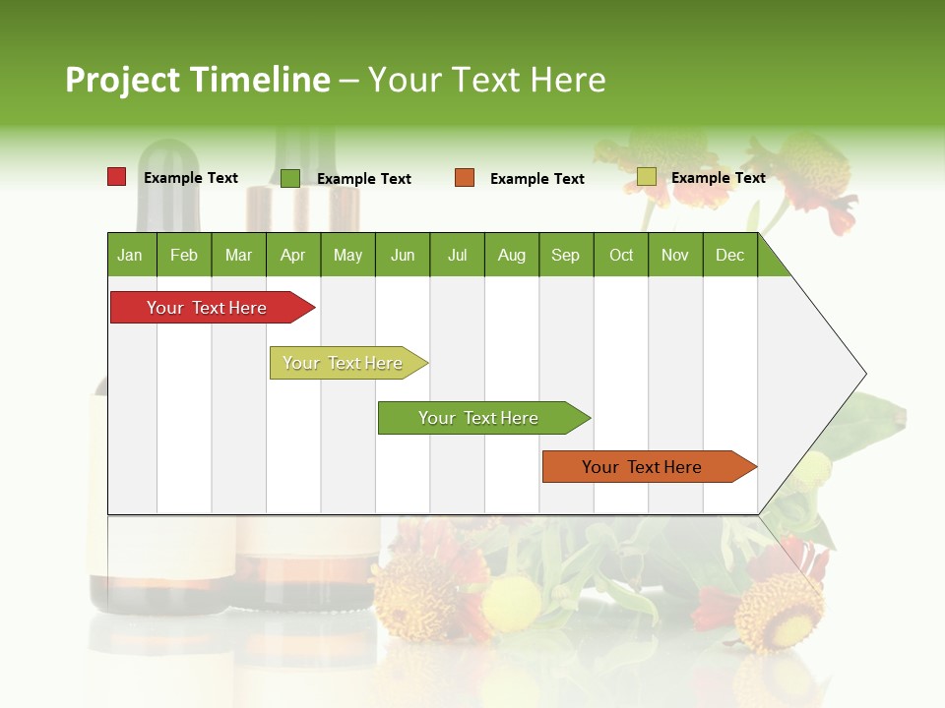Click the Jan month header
(131, 255)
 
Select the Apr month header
(293, 255)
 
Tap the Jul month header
(457, 255)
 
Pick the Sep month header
(565, 255)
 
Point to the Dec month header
(729, 255)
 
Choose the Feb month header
(184, 255)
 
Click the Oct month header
(621, 255)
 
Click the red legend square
(117, 177)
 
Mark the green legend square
(290, 178)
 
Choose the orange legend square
(465, 178)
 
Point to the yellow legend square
(647, 177)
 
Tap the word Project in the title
(122, 80)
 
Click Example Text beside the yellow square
(718, 178)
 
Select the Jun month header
(403, 255)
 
